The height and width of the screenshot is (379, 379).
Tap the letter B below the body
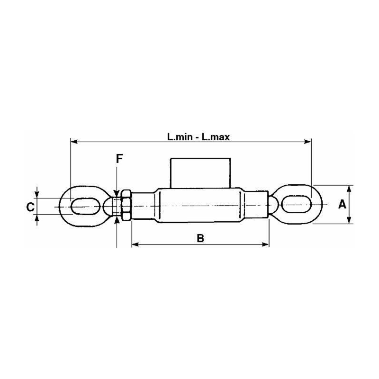[200, 238]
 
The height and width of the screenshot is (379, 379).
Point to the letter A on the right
[341, 205]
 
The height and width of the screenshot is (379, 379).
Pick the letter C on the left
[29, 207]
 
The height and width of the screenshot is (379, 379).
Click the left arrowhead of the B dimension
[134, 244]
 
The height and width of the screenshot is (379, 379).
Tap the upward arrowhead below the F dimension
[116, 220]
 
